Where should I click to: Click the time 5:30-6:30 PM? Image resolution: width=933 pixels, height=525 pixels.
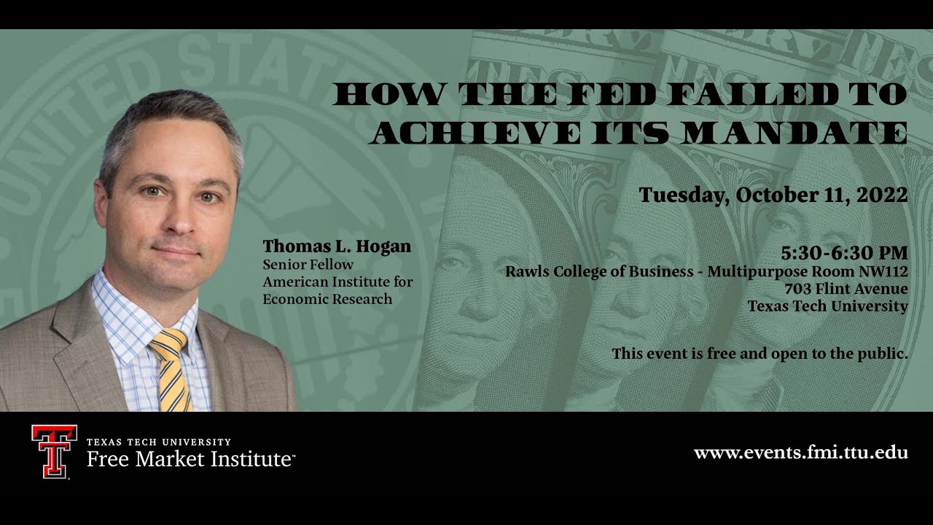(x=844, y=253)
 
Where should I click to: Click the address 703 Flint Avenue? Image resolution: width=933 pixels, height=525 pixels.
(x=846, y=289)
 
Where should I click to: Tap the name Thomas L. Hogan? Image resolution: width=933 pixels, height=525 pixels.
(x=337, y=246)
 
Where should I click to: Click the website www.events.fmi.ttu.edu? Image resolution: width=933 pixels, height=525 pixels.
(x=800, y=453)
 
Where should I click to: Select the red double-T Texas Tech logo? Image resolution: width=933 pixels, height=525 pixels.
(x=54, y=451)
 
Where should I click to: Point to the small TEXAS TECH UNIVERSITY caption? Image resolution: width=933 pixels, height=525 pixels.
(x=158, y=442)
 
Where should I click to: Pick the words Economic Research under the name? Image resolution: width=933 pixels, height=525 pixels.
(x=327, y=299)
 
